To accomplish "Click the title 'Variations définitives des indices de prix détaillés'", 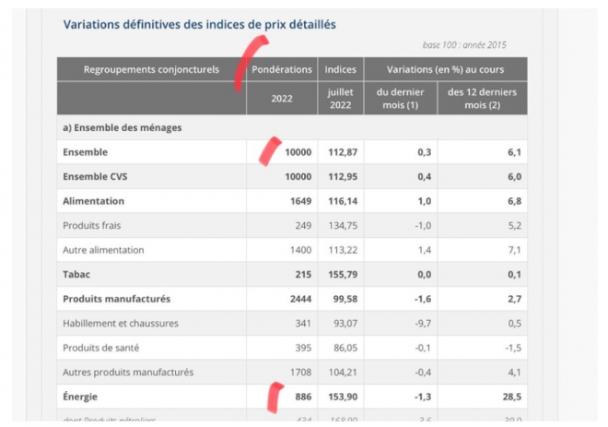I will (x=199, y=24).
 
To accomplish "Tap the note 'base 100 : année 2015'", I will (x=464, y=44).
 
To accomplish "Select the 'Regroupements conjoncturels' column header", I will (x=152, y=69).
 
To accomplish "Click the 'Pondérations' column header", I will (x=282, y=69).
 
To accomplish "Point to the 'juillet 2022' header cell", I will (x=341, y=98).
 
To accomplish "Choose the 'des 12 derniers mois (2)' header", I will (x=482, y=98).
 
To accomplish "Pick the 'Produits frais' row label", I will (x=91, y=225).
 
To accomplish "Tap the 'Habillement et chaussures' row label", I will (x=120, y=323).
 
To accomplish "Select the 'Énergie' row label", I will (x=82, y=397).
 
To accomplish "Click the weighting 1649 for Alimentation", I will (x=300, y=200).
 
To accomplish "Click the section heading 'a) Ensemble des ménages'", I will (x=122, y=127).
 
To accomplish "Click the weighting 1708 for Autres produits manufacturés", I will (x=300, y=372).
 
